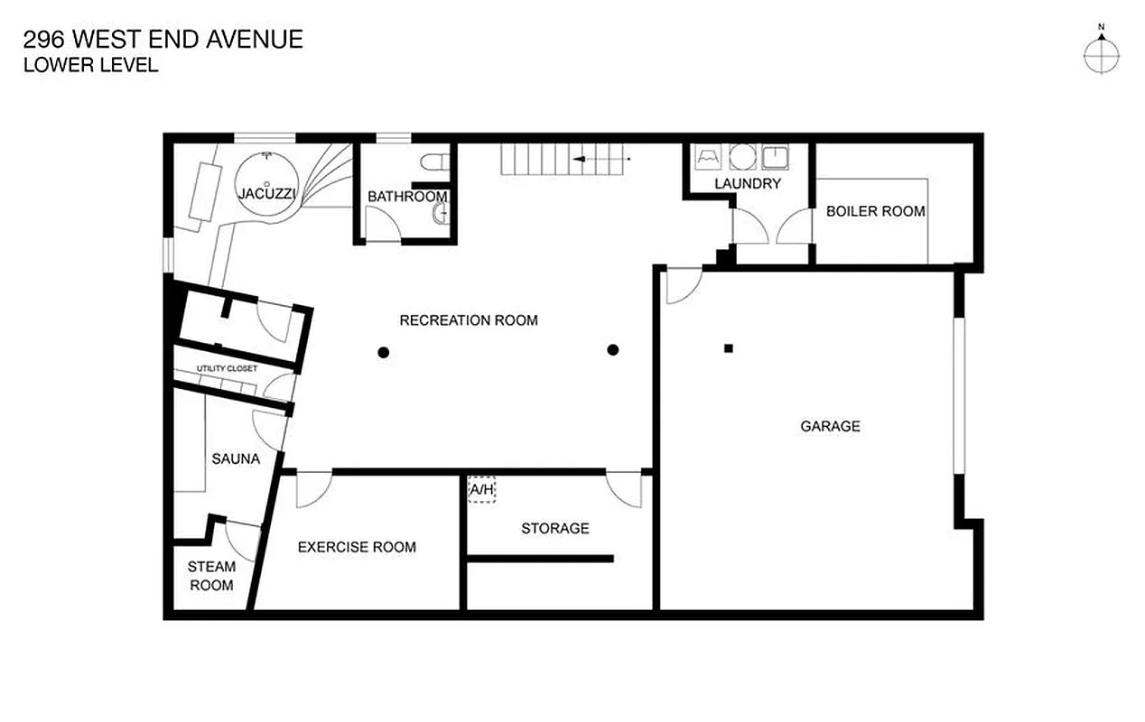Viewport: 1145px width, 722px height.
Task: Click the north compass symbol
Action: [x=1102, y=55]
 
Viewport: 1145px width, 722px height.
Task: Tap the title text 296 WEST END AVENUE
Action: [x=163, y=40]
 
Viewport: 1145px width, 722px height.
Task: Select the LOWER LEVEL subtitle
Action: [x=90, y=65]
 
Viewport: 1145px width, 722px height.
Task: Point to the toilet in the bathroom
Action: [x=434, y=162]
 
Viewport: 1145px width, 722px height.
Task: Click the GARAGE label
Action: [x=830, y=426]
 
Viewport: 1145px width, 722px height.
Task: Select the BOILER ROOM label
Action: [x=875, y=211]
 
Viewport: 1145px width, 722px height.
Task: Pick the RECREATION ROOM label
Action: [x=469, y=320]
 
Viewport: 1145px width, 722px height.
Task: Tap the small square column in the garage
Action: [x=729, y=348]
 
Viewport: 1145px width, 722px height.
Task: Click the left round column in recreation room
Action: [x=384, y=352]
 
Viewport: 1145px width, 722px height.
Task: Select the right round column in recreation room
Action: [x=613, y=350]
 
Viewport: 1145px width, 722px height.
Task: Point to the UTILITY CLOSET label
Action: [x=227, y=368]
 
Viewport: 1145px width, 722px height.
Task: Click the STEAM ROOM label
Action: [x=211, y=576]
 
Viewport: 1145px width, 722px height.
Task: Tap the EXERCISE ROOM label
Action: [x=357, y=547]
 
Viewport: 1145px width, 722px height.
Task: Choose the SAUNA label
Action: [x=236, y=458]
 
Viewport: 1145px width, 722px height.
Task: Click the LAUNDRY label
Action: [x=747, y=184]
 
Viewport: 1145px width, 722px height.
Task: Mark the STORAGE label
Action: [x=554, y=528]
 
